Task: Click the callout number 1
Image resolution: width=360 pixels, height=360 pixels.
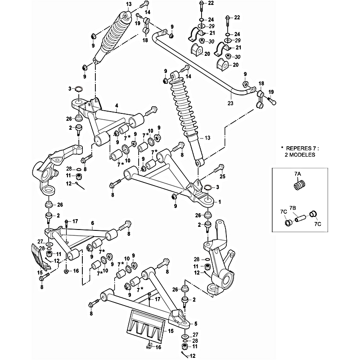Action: pyautogui.click(x=220, y=202)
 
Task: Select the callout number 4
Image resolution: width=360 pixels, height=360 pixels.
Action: pyautogui.click(x=116, y=106)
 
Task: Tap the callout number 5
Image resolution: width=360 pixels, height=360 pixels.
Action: pyautogui.click(x=196, y=323)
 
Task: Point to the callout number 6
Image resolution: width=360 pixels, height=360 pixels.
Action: pyautogui.click(x=92, y=223)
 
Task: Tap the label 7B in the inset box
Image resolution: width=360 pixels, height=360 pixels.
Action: pyautogui.click(x=293, y=208)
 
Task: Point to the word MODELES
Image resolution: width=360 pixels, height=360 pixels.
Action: pyautogui.click(x=304, y=154)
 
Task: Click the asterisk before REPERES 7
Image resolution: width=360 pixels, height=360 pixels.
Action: pyautogui.click(x=282, y=147)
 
